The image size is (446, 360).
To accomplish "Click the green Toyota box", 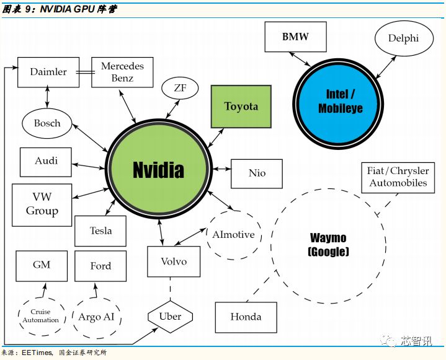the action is (241, 107).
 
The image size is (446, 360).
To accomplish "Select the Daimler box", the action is (48, 72).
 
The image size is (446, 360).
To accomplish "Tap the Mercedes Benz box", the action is (122, 72).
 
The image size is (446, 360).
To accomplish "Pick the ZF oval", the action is (180, 88).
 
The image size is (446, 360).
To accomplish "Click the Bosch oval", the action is (47, 123).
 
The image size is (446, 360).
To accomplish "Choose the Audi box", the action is (46, 162).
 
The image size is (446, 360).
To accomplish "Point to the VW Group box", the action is (42, 205).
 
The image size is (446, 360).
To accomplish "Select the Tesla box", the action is (100, 230).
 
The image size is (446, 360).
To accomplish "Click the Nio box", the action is (257, 173).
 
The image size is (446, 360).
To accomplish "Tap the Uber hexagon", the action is (171, 317).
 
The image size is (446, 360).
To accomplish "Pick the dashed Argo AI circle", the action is (97, 318).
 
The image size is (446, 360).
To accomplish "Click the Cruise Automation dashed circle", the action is (41, 317).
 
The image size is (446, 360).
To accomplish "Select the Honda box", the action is (246, 317).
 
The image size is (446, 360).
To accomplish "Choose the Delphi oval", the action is (404, 38).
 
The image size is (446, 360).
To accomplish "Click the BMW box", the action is (295, 37).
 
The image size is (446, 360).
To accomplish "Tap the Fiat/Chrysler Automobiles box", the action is (398, 178).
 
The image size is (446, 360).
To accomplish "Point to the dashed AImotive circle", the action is (234, 235).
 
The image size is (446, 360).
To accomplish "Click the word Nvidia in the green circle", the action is (158, 170).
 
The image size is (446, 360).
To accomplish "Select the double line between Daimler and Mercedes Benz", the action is (86, 72).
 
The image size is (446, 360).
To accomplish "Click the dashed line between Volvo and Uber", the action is (171, 289).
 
